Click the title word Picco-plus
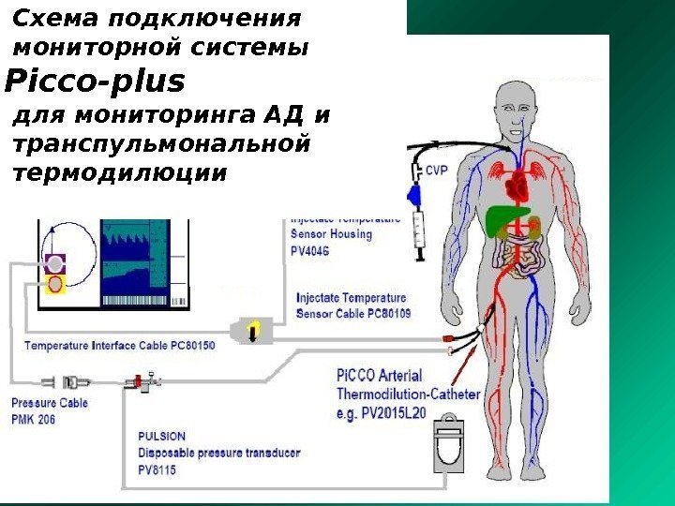coord(95,82)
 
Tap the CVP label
coord(437,171)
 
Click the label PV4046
coord(310,251)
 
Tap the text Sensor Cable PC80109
coord(353,312)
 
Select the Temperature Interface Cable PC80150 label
coord(120,346)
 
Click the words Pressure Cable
coord(50,404)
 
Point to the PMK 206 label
coord(34,420)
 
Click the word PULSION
coord(162,436)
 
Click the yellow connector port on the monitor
coord(56,282)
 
